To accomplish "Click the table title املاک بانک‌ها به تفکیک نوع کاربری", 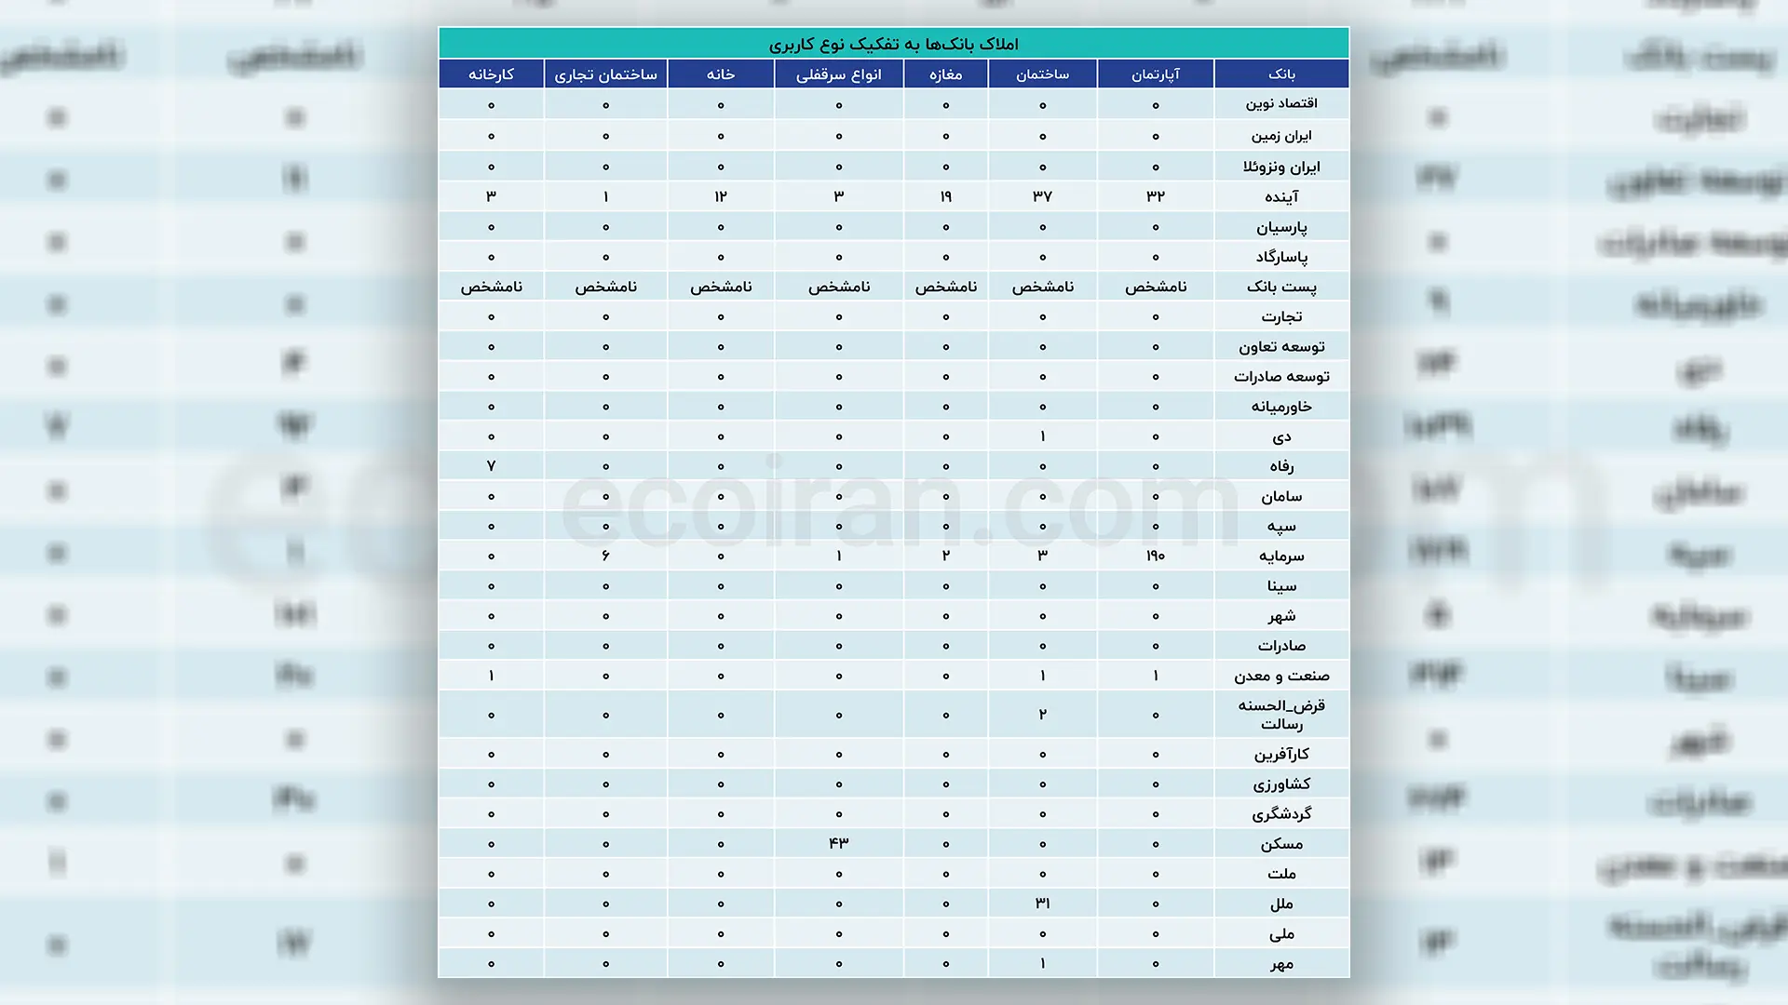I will pos(893,44).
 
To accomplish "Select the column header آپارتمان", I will pos(1155,74).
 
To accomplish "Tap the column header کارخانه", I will pos(491,74).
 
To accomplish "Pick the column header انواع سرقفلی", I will pos(838,74).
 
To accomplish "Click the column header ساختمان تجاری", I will pos(605,74).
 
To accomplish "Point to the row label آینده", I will pos(1281,196).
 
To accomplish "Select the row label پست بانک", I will pos(1281,287).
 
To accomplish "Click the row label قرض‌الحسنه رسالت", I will pos(1281,715).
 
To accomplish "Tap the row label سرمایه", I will pos(1281,556).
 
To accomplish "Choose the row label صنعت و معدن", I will pos(1281,676).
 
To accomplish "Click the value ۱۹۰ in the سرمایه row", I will pos(1155,556).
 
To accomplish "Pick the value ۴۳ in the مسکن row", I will pos(838,843).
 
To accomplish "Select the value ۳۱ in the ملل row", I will pos(1042,903).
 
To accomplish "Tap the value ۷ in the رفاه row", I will pos(491,465).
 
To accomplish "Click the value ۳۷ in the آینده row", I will pos(1042,196).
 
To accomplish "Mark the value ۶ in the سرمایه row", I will pos(605,556).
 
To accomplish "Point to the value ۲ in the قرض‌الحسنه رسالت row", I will pos(1042,715).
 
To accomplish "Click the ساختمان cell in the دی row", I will pos(1042,436).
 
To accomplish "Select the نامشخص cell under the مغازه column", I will pos(945,287).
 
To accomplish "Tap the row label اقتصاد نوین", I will pos(1281,103).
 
